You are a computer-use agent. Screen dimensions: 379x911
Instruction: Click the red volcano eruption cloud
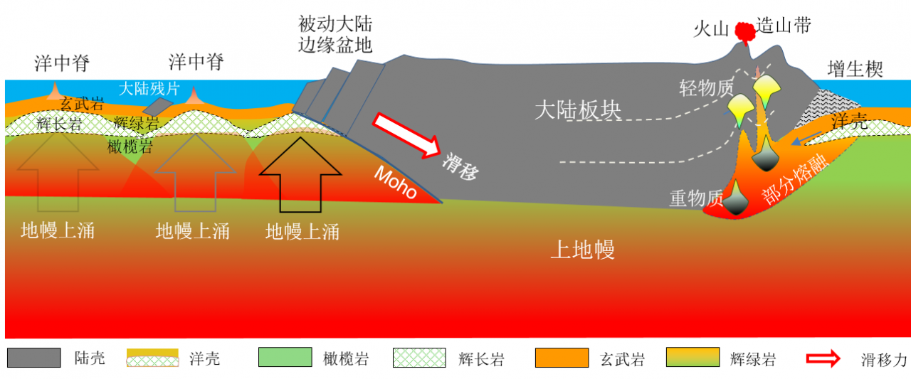[x=744, y=32]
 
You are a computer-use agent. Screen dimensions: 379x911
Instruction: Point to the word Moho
[x=395, y=183]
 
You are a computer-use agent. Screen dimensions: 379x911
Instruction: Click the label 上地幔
[x=583, y=250]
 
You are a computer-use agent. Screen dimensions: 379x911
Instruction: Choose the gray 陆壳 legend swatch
[x=34, y=358]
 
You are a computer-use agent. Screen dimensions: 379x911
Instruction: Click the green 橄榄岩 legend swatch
[x=285, y=358]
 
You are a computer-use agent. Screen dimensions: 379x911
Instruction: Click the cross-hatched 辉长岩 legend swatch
[x=419, y=358]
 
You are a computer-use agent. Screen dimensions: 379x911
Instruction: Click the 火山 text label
[x=711, y=28]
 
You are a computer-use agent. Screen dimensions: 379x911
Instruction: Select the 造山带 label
[x=784, y=26]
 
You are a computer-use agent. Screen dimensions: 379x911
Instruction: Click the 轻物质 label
[x=706, y=88]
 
